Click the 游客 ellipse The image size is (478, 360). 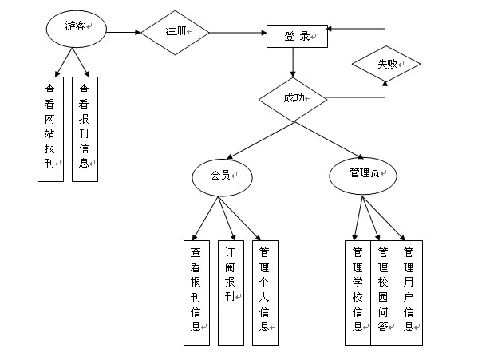(77, 29)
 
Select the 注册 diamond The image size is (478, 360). (175, 33)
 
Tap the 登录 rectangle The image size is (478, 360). (297, 36)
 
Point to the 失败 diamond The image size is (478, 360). (386, 64)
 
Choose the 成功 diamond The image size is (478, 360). (293, 99)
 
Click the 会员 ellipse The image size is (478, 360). (222, 177)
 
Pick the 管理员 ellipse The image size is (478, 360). (363, 176)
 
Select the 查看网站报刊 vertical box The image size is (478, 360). (50, 129)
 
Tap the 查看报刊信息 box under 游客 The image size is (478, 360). (85, 129)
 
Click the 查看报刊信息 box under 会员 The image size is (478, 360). (196, 293)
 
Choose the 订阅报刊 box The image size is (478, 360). (231, 293)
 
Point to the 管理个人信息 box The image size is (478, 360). (265, 293)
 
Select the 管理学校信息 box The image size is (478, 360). (358, 293)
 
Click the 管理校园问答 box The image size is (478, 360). (384, 293)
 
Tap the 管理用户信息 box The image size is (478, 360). (409, 293)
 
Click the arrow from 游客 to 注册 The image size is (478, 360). (124, 32)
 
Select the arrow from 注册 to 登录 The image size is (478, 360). (238, 33)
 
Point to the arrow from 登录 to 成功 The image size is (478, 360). (293, 62)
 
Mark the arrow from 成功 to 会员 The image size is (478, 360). (260, 140)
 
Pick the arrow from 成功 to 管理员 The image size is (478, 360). (329, 140)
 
